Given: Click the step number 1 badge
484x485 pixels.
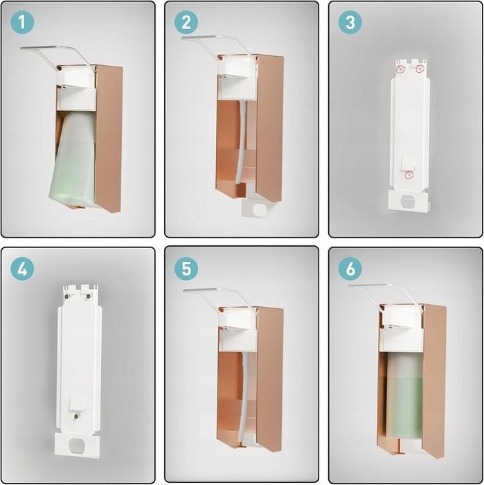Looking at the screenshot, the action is tap(22, 22).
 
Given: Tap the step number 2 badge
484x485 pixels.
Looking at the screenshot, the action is tap(186, 22).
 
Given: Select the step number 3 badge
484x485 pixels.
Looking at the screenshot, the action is tap(350, 22).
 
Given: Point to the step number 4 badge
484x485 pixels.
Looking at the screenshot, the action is tap(22, 269).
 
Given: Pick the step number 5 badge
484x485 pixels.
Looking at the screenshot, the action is tap(186, 269).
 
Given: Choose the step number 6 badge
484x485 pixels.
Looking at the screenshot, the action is tap(350, 269).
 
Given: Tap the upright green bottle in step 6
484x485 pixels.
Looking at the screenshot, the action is tap(404, 398).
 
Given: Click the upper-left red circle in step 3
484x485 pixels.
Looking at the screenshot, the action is tap(400, 69).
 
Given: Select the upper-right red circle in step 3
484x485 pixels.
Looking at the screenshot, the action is tap(420, 69).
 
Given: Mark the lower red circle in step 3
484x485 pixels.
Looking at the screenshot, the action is tap(409, 175).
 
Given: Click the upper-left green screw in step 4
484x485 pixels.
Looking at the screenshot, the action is tap(66, 297).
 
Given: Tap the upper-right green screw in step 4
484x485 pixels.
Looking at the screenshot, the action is tap(88, 297).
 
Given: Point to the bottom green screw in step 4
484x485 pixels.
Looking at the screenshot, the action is tap(76, 416).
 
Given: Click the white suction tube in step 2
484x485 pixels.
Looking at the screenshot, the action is tap(242, 142).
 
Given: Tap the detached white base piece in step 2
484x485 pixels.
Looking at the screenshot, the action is tap(260, 211).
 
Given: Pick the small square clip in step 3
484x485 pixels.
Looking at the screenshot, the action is tap(408, 163).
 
